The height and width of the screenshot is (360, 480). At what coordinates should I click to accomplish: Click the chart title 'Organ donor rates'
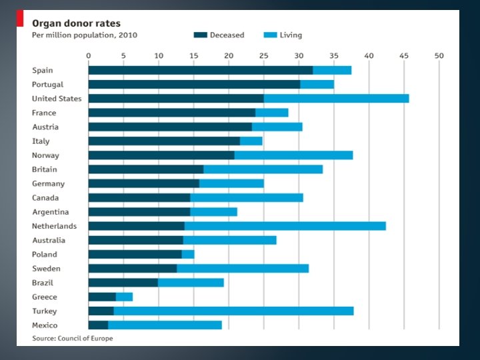coord(77,23)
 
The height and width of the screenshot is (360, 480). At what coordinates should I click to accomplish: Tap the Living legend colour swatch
coord(270,35)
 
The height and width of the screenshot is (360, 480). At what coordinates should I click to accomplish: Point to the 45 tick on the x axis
coord(404,55)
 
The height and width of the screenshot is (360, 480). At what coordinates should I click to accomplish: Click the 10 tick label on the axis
coord(158,55)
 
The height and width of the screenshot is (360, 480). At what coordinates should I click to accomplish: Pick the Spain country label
coord(42,70)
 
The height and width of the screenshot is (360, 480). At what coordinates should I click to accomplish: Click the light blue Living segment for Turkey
coord(233,311)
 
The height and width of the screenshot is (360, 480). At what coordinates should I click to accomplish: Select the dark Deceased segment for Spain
coord(200,70)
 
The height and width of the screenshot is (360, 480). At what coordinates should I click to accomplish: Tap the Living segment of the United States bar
coord(336,99)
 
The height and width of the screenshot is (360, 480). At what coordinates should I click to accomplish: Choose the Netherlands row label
coord(54,226)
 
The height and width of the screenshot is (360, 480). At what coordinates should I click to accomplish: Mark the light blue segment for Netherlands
coord(285,226)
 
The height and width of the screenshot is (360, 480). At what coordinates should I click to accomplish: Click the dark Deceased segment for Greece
coord(102,297)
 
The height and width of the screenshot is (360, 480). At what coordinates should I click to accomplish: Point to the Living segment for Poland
coord(188,255)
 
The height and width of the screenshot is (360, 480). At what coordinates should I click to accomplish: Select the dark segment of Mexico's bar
coord(98,325)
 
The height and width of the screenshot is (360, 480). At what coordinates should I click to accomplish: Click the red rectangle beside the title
coord(20,19)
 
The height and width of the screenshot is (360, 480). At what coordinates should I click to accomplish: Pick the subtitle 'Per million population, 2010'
coord(85,35)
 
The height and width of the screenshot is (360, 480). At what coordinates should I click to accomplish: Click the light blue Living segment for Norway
coord(293,155)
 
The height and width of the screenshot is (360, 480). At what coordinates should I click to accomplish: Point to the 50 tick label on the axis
coord(439,55)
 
